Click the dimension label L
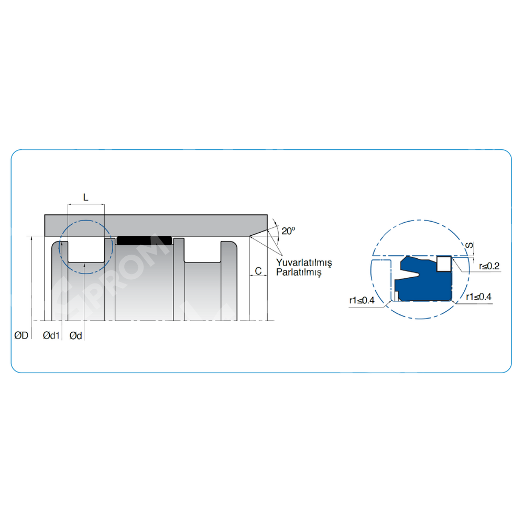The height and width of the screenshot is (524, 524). click(86, 197)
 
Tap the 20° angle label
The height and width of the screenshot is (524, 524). click(288, 231)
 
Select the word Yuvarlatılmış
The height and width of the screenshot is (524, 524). click(304, 263)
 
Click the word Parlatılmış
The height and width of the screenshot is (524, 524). click(299, 272)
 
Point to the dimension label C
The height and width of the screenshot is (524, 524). click(258, 271)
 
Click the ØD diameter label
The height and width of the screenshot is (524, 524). click(21, 335)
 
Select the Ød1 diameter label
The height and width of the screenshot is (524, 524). click(51, 335)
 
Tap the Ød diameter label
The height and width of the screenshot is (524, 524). click(76, 335)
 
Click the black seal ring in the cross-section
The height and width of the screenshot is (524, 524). click(144, 241)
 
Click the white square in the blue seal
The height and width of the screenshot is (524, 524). click(444, 264)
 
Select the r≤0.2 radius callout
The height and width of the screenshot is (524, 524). click(489, 266)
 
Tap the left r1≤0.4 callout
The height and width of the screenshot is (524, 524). click(362, 300)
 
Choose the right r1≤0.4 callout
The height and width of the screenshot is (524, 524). click(478, 297)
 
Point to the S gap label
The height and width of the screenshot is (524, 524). click(470, 246)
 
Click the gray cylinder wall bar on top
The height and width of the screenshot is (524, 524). click(156, 225)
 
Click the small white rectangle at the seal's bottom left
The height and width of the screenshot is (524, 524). click(396, 296)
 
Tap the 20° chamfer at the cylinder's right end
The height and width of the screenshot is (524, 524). click(259, 233)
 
